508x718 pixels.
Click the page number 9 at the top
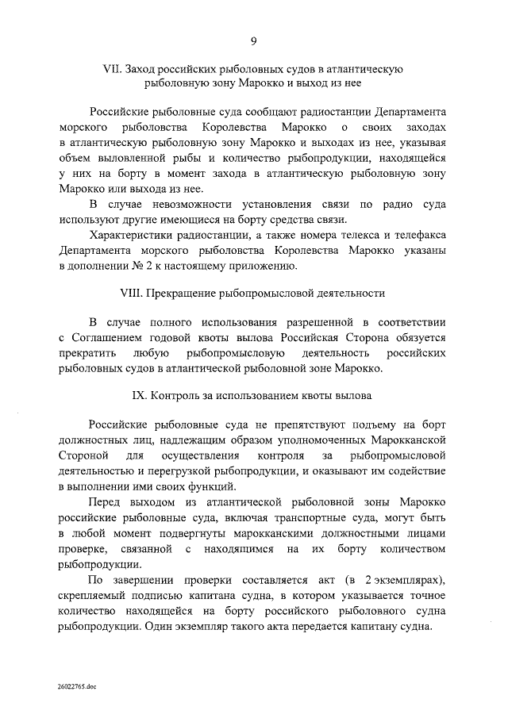point(253,41)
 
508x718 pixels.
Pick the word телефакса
point(419,236)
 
